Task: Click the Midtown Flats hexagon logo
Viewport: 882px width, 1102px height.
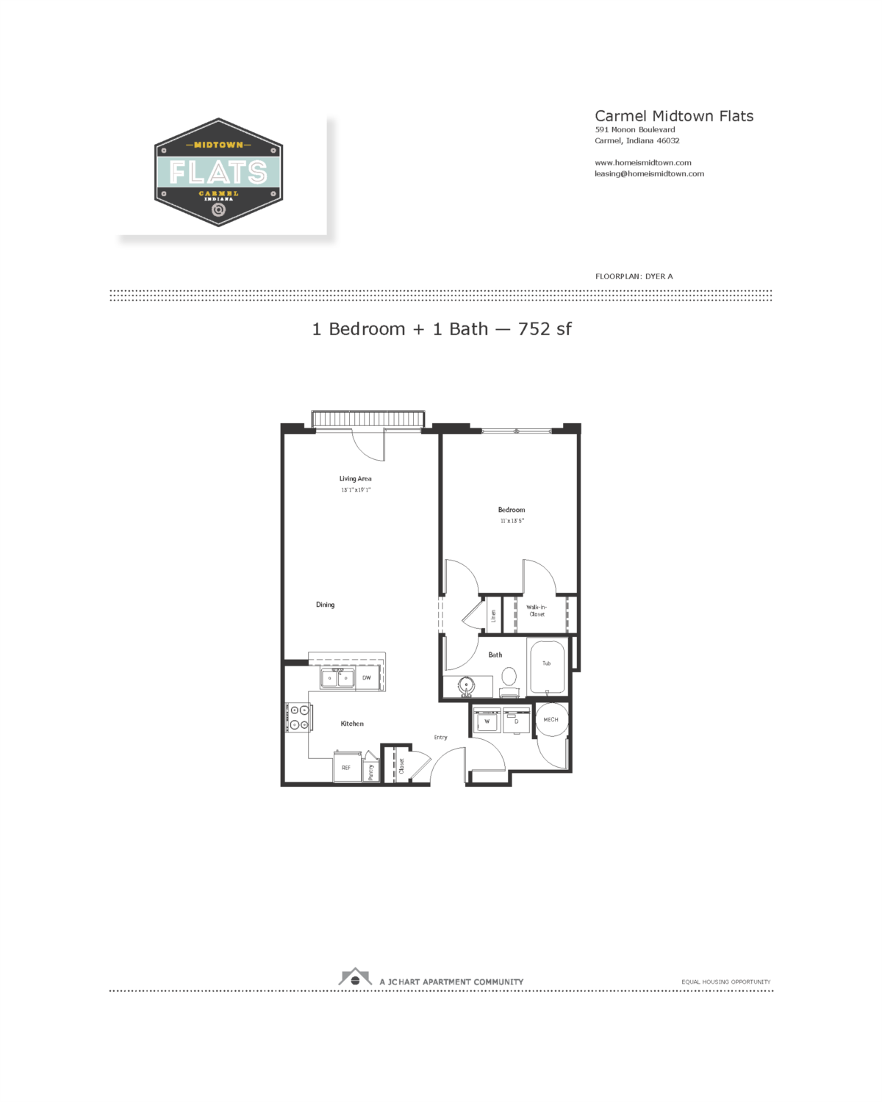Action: coord(218,173)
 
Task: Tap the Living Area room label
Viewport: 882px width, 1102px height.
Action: coord(355,479)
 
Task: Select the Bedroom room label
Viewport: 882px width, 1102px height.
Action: coord(512,510)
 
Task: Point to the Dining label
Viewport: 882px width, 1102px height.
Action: coord(325,605)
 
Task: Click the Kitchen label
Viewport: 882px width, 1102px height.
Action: coord(352,724)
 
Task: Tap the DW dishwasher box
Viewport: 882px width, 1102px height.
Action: coord(367,678)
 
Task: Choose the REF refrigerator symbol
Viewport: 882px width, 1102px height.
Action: coord(346,768)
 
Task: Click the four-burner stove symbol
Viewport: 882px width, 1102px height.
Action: coord(299,718)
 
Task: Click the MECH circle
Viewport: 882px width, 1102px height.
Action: coord(551,720)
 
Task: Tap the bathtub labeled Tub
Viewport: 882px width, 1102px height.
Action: coord(547,665)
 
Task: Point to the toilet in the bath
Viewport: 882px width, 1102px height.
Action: coord(509,680)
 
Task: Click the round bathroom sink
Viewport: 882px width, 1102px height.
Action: coord(466,686)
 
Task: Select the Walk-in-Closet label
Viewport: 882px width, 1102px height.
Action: coord(537,611)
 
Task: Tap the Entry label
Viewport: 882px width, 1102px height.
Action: coord(440,737)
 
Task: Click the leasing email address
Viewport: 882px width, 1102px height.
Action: coord(649,174)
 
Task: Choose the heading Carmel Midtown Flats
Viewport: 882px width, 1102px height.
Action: coord(674,116)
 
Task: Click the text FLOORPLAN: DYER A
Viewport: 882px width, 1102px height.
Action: coord(634,276)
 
